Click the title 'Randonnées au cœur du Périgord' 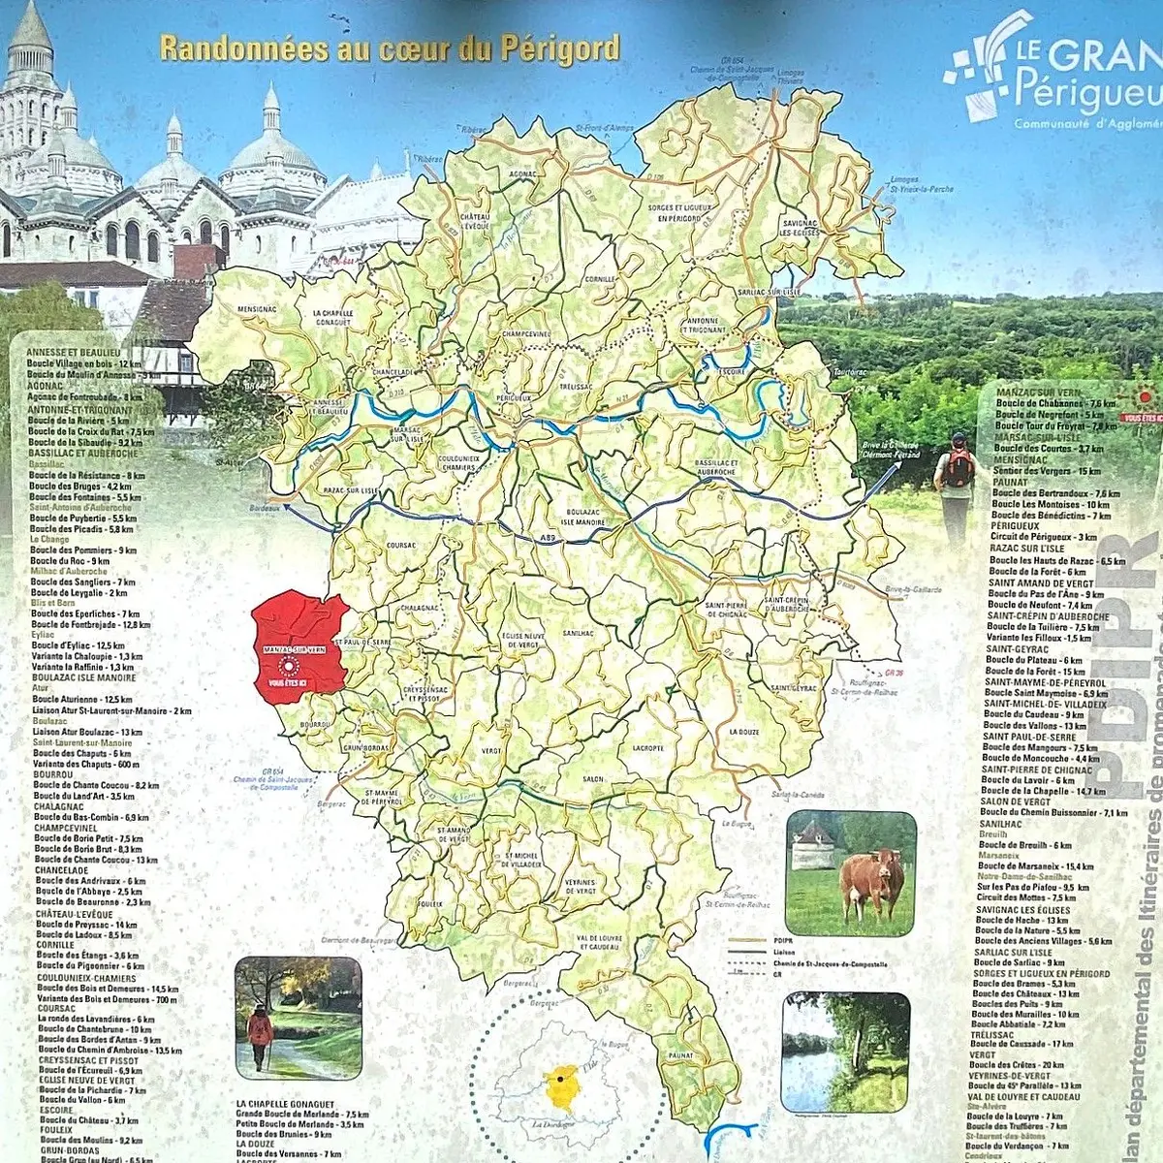pyautogui.click(x=389, y=48)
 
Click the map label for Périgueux pyautogui.click(x=513, y=397)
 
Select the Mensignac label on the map pyautogui.click(x=256, y=310)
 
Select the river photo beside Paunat pyautogui.click(x=845, y=1052)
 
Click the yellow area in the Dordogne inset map pyautogui.click(x=561, y=1090)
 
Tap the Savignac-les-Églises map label pyautogui.click(x=801, y=228)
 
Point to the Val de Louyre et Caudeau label pyautogui.click(x=597, y=942)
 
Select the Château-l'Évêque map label pyautogui.click(x=475, y=220)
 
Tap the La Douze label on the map pyautogui.click(x=743, y=732)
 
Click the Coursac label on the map pyautogui.click(x=400, y=546)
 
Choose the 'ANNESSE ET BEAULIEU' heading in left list pyautogui.click(x=74, y=352)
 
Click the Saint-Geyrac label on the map pyautogui.click(x=794, y=688)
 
